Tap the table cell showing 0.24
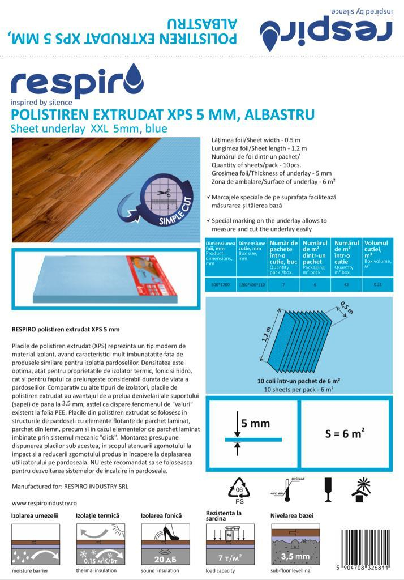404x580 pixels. coord(378,285)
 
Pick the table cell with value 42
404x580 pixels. coord(346,285)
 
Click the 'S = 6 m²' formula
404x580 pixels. coord(345,434)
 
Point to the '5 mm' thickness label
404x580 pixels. coord(255,423)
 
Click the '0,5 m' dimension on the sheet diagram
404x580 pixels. coord(346,309)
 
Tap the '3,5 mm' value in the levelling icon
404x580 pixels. coord(294,556)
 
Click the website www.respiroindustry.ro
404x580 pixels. coord(44,502)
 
